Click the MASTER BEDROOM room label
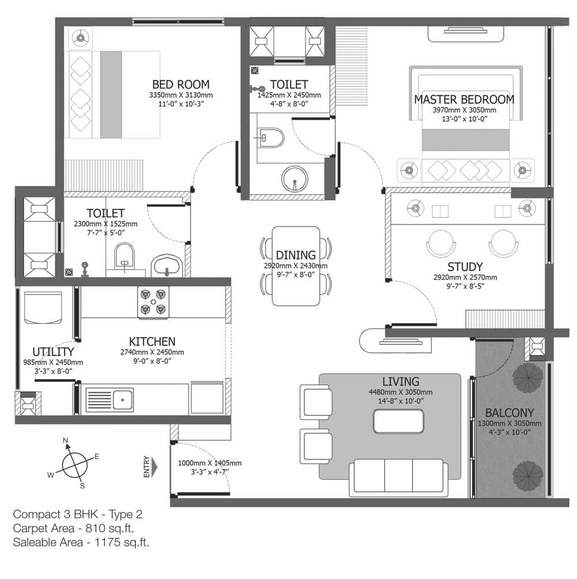coord(464,99)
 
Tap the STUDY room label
coord(465,266)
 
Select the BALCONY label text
coord(509,412)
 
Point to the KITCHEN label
coord(152,341)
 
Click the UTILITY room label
coord(53,352)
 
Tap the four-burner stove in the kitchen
coord(153,302)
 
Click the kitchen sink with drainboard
coord(110,400)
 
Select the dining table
coord(296,266)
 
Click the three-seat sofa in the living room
coord(399,478)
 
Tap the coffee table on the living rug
coord(399,422)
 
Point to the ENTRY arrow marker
coord(154,467)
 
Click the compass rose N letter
coord(65,440)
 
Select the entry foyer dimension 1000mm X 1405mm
coord(210,463)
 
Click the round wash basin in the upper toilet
coord(294,179)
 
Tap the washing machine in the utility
coord(43,308)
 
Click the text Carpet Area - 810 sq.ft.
coord(73,528)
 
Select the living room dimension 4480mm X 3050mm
coord(400,392)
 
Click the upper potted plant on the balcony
coord(528,377)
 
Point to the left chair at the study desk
coord(441,243)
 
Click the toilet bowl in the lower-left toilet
coord(125,255)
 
